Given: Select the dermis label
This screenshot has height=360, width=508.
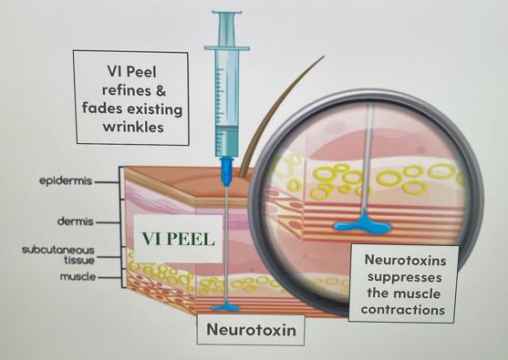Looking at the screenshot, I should point(75,221).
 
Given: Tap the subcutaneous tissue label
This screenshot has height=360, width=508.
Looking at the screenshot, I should point(48,254).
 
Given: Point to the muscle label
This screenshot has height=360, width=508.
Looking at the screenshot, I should point(74,274).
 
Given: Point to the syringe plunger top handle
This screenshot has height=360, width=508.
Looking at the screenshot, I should point(224,15).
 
